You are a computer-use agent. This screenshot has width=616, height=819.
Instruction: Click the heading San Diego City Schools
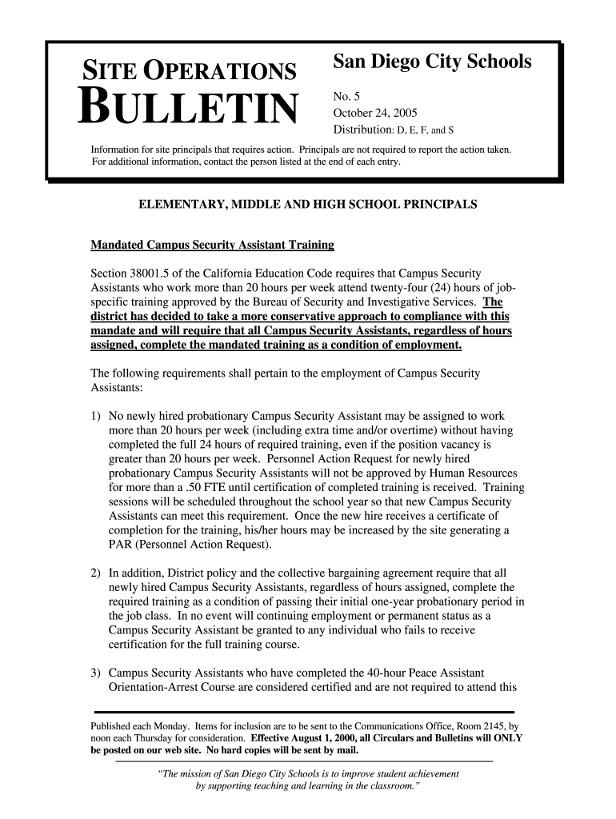(x=432, y=62)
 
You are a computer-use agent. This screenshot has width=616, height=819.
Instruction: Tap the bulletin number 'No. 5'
(x=347, y=97)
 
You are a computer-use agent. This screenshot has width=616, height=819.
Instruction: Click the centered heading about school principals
(x=308, y=205)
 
